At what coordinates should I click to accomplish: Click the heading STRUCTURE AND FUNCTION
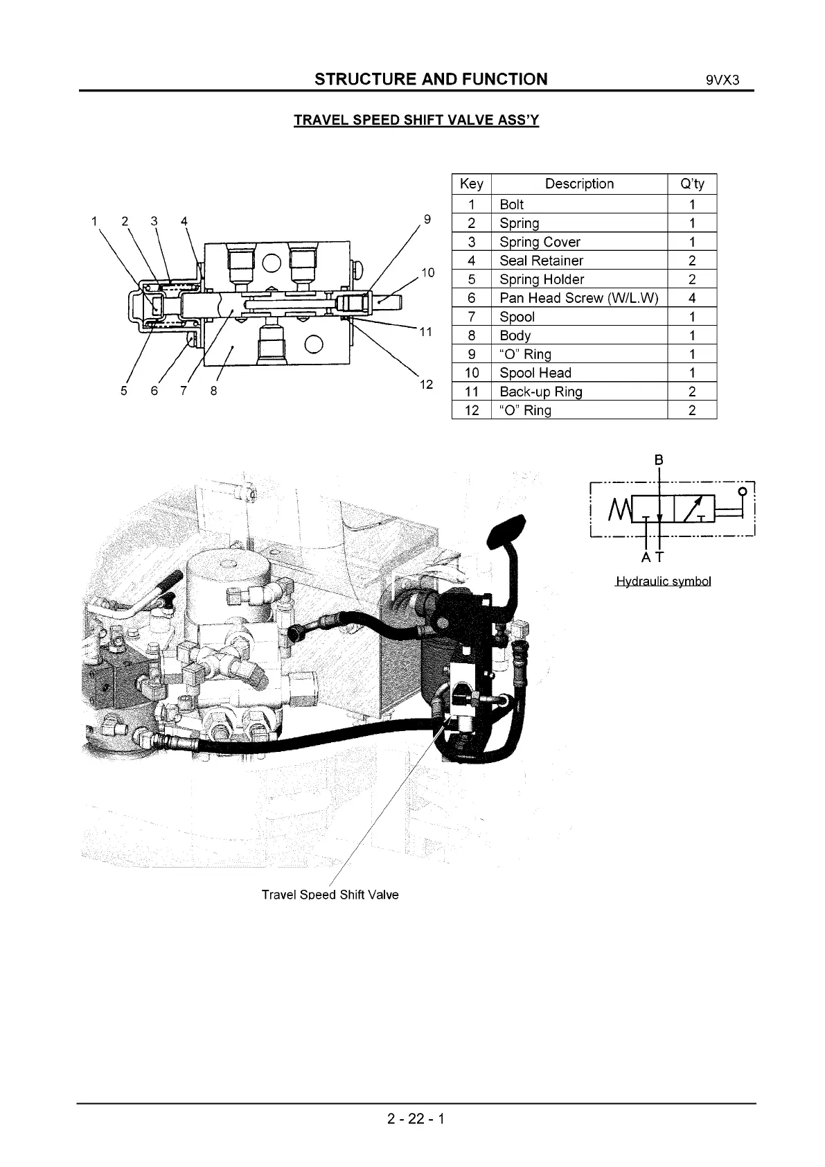(430, 79)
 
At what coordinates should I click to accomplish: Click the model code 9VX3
(723, 80)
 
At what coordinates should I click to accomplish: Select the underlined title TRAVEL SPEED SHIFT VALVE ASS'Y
(416, 120)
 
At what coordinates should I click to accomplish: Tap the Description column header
(579, 184)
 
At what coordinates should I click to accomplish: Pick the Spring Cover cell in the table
(540, 242)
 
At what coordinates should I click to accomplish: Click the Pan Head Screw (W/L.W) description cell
(578, 298)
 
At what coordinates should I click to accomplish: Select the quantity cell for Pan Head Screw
(692, 298)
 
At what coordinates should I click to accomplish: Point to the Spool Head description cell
(535, 373)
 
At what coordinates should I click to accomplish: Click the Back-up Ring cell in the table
(540, 392)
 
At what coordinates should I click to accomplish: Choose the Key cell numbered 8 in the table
(471, 335)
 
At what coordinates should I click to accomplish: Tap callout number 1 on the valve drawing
(94, 221)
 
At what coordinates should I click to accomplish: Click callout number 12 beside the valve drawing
(427, 385)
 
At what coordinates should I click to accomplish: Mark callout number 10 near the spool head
(427, 272)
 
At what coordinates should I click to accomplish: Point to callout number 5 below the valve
(124, 391)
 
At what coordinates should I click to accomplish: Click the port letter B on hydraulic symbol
(659, 459)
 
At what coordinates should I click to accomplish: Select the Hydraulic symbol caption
(663, 581)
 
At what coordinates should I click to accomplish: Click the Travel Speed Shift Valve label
(330, 895)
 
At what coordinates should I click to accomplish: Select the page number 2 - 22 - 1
(416, 1118)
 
